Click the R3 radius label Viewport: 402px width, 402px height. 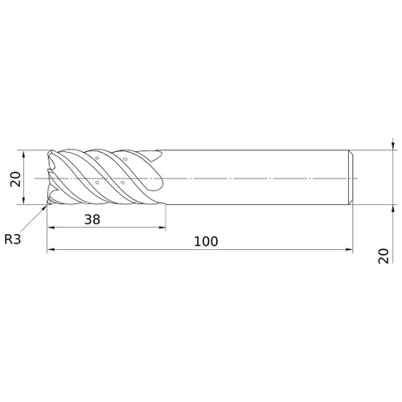click(13, 239)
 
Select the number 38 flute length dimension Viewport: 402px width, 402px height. click(92, 219)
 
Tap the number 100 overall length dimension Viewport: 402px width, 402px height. click(206, 241)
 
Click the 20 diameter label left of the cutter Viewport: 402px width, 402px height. click(15, 178)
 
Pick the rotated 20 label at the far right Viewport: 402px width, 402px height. click(384, 256)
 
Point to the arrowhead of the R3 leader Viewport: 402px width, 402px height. click(44, 207)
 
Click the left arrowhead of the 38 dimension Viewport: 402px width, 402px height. click(51, 228)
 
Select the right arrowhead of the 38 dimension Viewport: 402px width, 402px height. click(162, 228)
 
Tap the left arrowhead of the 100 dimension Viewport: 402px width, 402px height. click(51, 249)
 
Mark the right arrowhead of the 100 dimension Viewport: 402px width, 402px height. click(349, 249)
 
